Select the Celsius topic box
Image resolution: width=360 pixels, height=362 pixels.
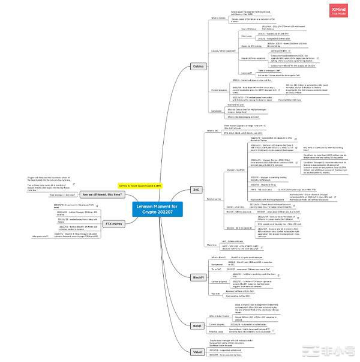point(199,66)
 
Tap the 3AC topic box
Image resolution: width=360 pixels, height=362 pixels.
point(195,189)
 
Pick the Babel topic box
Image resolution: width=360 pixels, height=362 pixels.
point(196,325)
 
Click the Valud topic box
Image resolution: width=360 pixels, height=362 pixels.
point(196,351)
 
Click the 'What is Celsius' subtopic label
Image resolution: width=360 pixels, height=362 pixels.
point(218,18)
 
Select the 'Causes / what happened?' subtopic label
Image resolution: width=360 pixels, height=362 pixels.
point(223,50)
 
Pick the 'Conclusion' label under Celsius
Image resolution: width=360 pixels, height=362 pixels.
point(218,110)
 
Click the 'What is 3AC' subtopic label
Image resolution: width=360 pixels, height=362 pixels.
point(213,130)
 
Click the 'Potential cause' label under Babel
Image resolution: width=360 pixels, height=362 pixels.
point(218,331)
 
